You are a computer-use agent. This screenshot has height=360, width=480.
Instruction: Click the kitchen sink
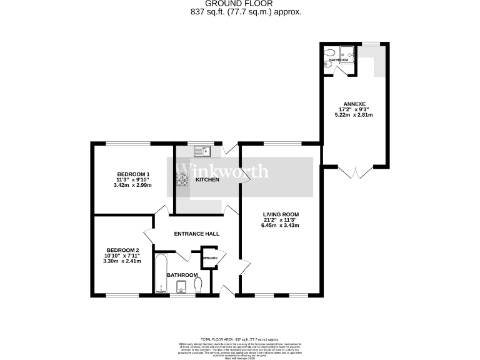coord(204,151)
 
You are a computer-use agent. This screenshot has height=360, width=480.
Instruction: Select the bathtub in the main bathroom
coord(162,272)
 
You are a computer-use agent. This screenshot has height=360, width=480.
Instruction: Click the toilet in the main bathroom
coord(199,284)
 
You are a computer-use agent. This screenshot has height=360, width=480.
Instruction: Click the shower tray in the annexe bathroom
coord(347,54)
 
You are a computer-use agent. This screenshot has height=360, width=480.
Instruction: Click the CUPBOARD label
coord(209,258)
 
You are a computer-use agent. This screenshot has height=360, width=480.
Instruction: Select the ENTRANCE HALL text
coord(197,234)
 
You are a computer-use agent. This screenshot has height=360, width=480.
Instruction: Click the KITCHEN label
coord(207,179)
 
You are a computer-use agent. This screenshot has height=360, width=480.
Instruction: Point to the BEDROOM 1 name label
coord(133,174)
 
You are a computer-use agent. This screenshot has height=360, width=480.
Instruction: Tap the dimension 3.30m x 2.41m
coord(122,261)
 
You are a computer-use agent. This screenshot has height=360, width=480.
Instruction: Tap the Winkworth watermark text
coord(222,171)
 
